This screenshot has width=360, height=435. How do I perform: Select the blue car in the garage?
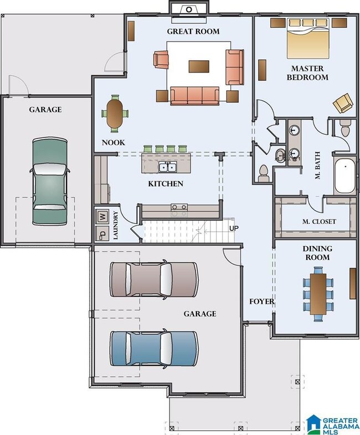[154, 349]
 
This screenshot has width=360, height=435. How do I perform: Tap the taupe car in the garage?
[154, 280]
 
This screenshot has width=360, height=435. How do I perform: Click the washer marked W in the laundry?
[102, 216]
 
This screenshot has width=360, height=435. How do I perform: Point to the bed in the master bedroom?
[308, 38]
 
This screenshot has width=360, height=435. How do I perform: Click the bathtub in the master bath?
[344, 176]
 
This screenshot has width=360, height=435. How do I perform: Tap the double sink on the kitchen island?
[167, 167]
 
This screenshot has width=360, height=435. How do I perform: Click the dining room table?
[318, 294]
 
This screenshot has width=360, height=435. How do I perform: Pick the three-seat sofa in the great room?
[195, 96]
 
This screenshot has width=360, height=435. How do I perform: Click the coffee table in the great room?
[199, 66]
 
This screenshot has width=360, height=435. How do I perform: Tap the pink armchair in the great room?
[161, 59]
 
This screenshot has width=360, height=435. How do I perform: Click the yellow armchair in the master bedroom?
[343, 103]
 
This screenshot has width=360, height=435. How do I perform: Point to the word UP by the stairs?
[234, 228]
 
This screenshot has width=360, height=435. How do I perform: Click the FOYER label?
[261, 301]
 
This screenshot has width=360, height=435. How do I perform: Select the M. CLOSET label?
[319, 222]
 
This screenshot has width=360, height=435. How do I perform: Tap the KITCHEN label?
[166, 183]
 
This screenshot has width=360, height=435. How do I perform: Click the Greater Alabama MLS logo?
[332, 424]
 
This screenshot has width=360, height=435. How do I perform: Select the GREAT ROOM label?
[193, 32]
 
